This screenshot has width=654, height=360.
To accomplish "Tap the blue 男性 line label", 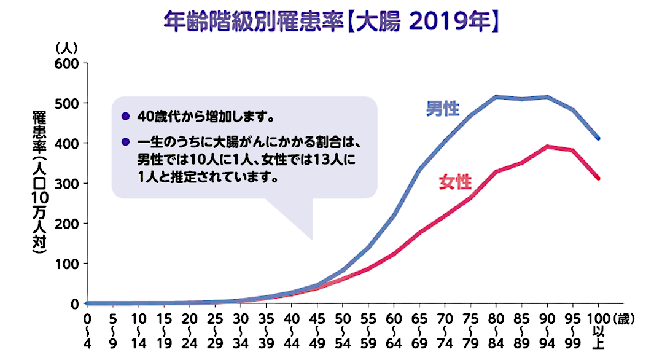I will point(443,109).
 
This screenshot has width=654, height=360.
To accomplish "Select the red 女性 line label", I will point(455,182).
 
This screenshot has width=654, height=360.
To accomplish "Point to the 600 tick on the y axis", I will point(67,63).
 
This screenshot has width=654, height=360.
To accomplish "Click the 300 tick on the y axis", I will point(67,184).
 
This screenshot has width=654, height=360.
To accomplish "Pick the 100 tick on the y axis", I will point(67,264).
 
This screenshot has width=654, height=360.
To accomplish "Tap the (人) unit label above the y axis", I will point(66,47).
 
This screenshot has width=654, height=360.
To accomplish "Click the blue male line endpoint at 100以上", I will point(598,138).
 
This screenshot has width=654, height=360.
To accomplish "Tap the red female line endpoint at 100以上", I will point(598,178).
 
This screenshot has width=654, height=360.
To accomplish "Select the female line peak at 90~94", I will point(547,147).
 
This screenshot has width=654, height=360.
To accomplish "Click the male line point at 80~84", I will point(496,97).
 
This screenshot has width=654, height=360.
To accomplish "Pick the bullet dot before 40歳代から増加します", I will point(125,116).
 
